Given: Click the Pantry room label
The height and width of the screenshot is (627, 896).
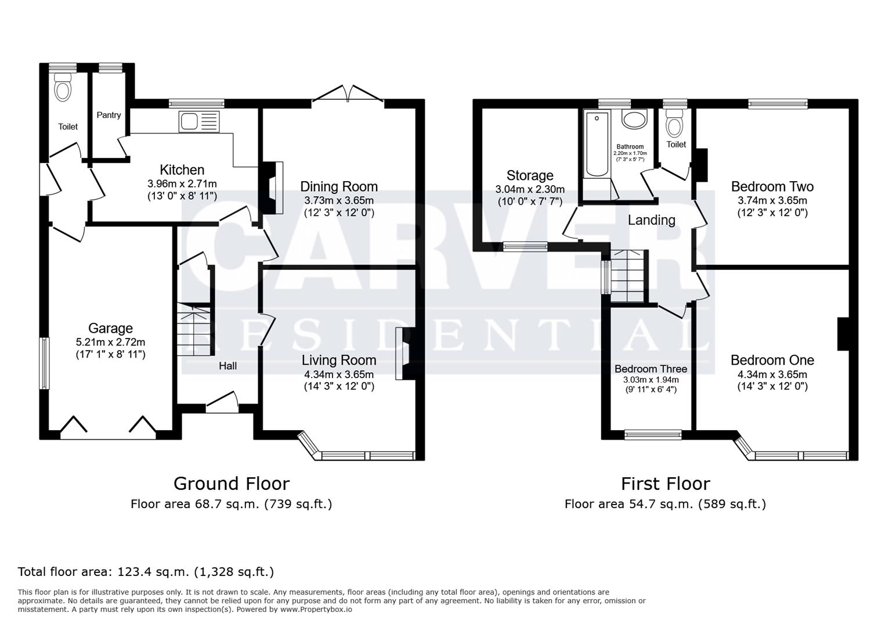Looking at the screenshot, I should (109, 115).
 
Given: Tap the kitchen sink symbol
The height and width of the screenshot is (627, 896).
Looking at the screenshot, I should (200, 121).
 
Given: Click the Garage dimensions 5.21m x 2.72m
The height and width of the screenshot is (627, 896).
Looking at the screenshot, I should (110, 342).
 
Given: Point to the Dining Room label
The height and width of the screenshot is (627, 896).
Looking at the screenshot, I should (338, 186).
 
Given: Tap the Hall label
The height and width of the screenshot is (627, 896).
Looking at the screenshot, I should (227, 366).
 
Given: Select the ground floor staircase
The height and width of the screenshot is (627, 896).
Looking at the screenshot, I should (194, 331).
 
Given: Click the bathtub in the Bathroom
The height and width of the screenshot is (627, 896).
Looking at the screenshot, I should (595, 145).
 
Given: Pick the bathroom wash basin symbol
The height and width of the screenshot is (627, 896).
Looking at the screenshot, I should (634, 120).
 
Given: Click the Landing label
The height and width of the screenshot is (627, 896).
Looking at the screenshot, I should (651, 220).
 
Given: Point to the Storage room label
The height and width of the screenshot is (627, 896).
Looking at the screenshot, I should (530, 175).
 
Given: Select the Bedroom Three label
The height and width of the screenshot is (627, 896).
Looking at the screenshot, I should (651, 369).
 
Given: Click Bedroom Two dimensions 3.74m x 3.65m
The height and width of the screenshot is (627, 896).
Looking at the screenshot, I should (772, 200).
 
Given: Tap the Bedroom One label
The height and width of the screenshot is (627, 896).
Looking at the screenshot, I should (772, 360).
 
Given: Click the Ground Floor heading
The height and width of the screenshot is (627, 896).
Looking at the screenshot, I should (231, 483).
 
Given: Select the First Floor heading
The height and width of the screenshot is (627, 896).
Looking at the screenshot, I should (665, 483).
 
